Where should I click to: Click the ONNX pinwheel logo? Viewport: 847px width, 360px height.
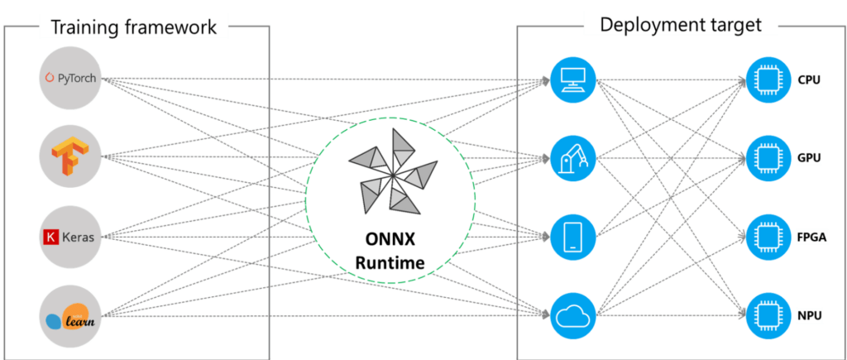[x=390, y=175]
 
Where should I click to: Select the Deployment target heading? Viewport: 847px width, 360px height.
[x=680, y=25]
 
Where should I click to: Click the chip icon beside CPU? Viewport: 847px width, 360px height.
[x=766, y=79]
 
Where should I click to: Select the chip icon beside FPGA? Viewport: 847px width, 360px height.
[x=766, y=235]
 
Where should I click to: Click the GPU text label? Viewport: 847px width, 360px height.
[x=809, y=158]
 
